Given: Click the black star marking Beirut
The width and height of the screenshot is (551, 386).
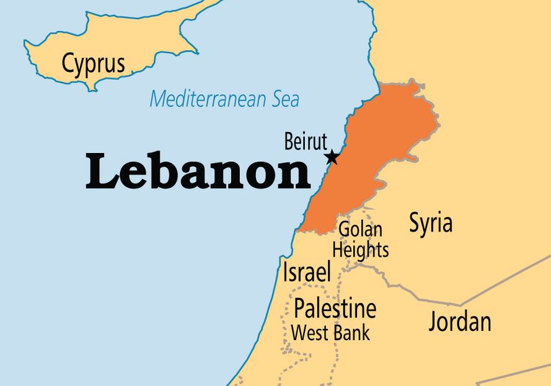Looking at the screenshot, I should (x=332, y=157).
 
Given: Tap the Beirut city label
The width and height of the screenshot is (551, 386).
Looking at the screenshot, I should (x=305, y=141).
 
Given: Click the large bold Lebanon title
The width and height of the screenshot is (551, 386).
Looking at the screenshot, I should (x=198, y=173).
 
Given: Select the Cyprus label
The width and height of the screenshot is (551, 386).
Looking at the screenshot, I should (x=93, y=63).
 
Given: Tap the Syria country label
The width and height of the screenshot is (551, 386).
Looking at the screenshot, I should (x=431, y=224).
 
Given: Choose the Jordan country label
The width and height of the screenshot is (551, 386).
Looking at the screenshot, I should (x=460, y=322).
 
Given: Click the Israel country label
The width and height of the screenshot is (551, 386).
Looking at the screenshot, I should (x=307, y=272).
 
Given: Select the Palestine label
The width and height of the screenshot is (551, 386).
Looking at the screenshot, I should (x=335, y=308).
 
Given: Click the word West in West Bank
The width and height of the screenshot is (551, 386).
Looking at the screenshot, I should (x=310, y=333).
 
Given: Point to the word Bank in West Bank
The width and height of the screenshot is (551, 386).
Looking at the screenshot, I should (x=351, y=333).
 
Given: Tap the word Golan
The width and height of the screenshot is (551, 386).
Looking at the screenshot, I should (x=360, y=230).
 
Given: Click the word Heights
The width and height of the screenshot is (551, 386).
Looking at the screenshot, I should (x=361, y=250).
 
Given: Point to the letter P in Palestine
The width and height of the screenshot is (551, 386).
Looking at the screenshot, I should (x=300, y=308).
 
